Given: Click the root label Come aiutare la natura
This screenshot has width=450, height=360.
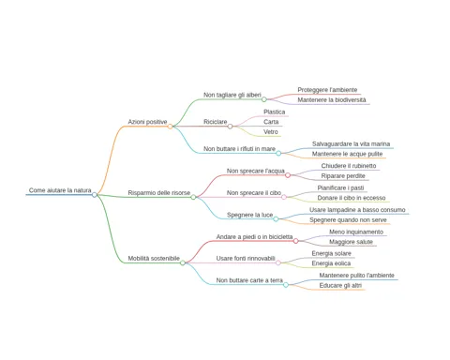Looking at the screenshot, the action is click(60, 190).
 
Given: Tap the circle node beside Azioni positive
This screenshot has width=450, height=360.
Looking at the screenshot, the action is click(170, 127).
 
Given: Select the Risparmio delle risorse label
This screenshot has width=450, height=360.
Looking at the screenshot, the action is click(159, 193).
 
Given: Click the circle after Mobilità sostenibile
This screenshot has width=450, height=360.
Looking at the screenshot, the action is click(183, 262).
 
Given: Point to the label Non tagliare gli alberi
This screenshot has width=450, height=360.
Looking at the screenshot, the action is click(232, 95).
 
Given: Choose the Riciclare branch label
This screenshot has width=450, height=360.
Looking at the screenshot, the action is click(216, 122).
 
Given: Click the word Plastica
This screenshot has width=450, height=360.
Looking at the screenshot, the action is click(275, 112).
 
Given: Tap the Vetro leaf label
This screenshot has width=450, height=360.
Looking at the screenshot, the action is click(271, 131).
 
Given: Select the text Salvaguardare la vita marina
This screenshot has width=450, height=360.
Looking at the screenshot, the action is click(351, 143).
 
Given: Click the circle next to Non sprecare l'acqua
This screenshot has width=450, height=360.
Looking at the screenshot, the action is click(288, 175).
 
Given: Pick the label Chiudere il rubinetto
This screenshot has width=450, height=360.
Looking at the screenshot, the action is click(349, 166).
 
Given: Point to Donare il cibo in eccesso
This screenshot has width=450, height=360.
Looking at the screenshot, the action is click(352, 198).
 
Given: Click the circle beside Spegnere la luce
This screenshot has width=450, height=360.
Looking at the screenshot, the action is click(276, 219).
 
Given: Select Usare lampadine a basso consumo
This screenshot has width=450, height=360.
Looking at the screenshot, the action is click(357, 210).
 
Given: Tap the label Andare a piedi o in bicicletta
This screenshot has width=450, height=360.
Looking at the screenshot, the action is click(254, 236).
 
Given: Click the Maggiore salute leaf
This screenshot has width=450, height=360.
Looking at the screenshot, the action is click(351, 242).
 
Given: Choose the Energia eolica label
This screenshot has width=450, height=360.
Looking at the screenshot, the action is click(331, 263).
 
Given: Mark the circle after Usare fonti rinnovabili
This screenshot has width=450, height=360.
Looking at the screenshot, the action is click(278, 262).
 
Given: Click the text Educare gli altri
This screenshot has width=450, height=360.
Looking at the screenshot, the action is click(340, 285).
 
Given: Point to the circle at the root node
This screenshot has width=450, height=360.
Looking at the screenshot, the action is click(95, 195).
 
